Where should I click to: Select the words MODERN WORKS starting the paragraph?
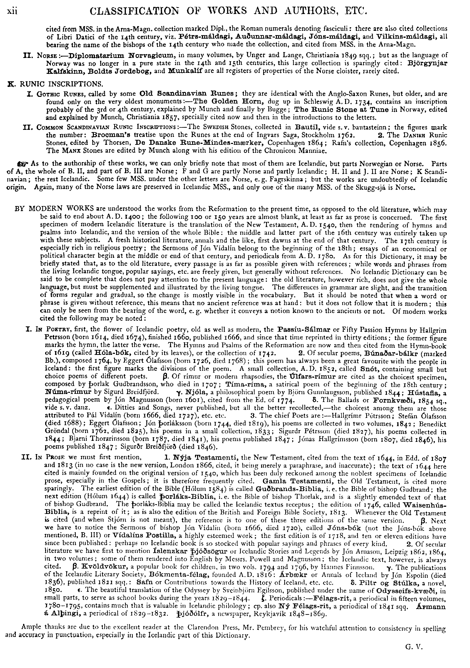click(x=61, y=209)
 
